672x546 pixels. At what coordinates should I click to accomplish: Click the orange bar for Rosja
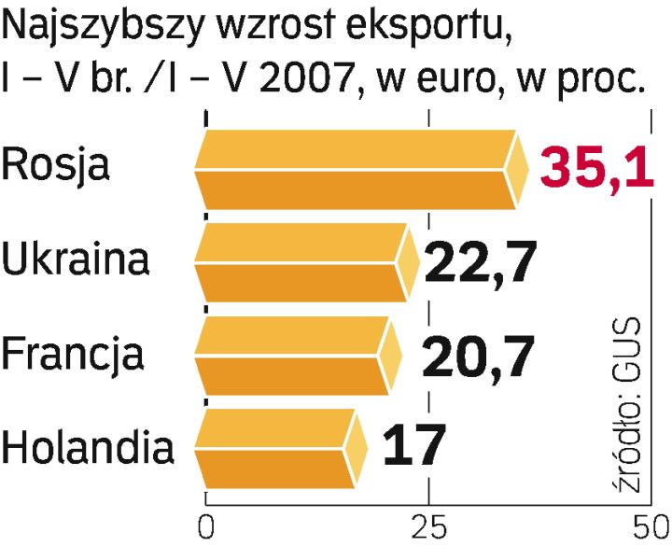tap(355, 168)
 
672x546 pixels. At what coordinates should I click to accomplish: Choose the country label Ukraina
tap(76, 259)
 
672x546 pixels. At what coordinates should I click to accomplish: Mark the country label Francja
tap(74, 355)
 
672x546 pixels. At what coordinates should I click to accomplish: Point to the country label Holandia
tap(89, 448)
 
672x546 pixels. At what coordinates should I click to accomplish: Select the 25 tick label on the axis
tap(428, 525)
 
